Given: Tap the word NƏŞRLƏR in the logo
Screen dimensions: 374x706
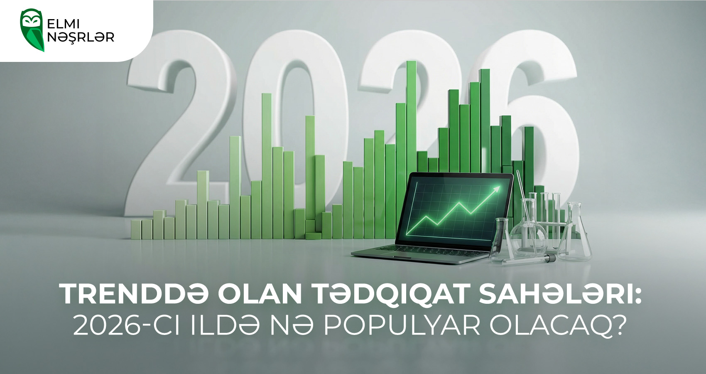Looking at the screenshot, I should click(x=81, y=37).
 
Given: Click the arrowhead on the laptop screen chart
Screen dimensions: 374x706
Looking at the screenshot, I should click(x=496, y=190).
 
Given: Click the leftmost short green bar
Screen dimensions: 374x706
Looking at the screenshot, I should click(x=136, y=229).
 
